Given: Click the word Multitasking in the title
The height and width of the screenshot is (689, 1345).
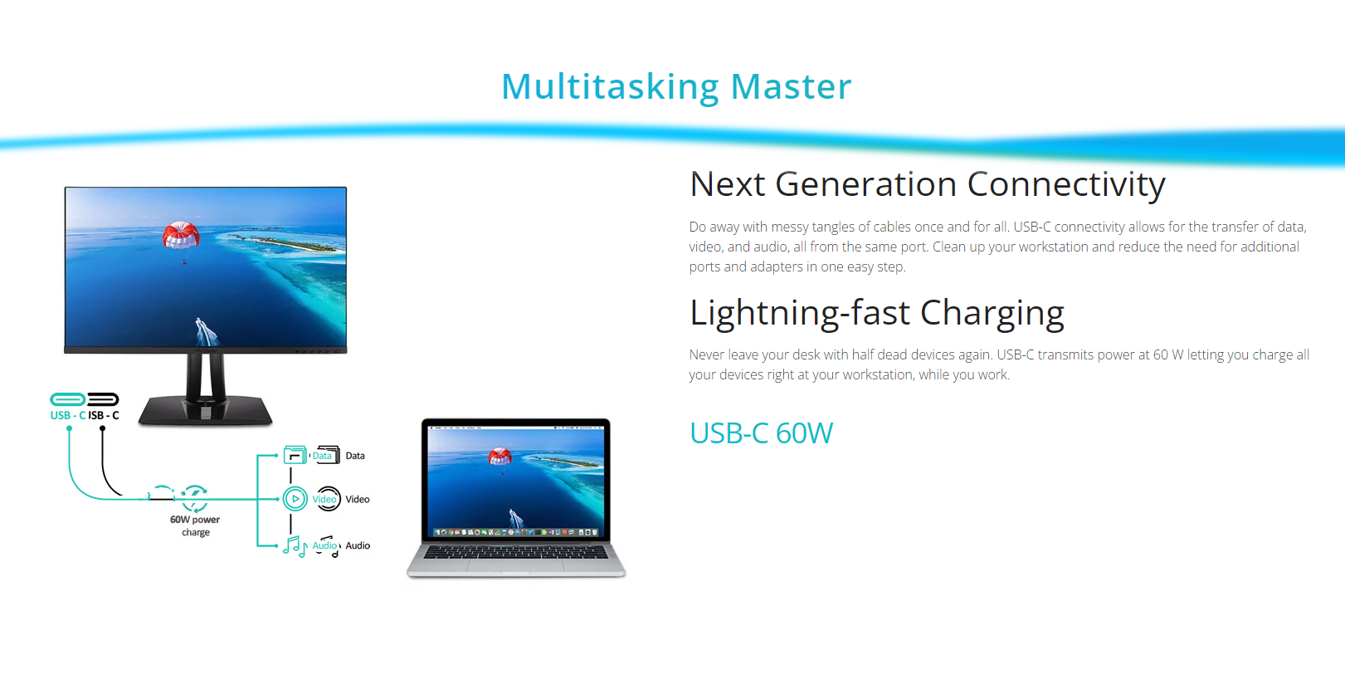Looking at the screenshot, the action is click(610, 87).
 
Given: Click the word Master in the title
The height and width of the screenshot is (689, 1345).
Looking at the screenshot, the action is click(791, 86).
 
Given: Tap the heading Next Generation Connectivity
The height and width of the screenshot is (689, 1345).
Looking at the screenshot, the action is click(927, 183).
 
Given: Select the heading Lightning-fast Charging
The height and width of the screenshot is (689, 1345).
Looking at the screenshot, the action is click(877, 313).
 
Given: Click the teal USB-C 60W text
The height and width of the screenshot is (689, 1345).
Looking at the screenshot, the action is click(761, 432).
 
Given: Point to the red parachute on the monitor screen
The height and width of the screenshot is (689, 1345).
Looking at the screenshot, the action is click(181, 235).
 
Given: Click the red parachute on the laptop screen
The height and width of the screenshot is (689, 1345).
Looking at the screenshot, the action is click(500, 457).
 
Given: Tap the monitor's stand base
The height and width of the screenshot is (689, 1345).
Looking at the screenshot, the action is click(205, 410).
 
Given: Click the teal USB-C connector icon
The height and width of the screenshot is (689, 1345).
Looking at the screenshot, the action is click(68, 398).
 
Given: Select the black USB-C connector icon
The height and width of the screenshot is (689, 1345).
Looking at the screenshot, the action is click(103, 398).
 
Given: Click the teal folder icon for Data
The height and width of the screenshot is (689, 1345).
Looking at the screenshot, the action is click(295, 455).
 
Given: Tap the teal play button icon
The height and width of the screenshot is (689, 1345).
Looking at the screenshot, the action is click(295, 499).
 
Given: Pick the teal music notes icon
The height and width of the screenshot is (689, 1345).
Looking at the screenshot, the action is click(295, 546).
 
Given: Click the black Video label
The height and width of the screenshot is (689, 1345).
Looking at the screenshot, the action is click(358, 499).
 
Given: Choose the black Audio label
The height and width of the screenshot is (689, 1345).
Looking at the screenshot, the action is click(358, 545).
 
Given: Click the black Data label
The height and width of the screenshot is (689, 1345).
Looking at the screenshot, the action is click(355, 456).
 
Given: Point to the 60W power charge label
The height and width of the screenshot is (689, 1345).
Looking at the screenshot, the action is click(195, 525).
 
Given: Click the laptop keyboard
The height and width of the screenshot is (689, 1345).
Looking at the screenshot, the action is click(516, 551).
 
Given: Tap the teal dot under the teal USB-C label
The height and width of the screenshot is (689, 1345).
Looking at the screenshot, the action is click(69, 428).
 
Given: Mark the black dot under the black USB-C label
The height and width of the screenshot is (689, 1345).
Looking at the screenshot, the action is click(103, 428).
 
